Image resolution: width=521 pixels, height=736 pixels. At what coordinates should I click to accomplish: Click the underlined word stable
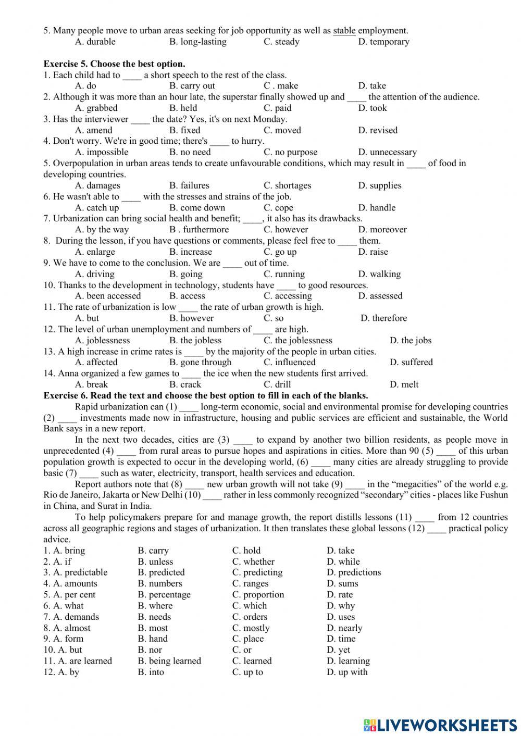click(x=344, y=31)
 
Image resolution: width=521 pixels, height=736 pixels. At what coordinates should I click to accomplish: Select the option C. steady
click(x=281, y=42)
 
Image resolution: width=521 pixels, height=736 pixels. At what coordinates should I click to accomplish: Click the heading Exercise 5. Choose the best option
click(x=114, y=64)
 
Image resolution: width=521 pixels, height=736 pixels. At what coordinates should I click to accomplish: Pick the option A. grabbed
click(x=96, y=108)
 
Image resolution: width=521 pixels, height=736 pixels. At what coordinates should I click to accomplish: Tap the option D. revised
click(x=378, y=130)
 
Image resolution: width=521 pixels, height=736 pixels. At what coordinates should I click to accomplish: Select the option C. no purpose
click(x=290, y=152)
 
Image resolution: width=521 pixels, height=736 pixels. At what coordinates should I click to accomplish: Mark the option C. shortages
click(x=287, y=185)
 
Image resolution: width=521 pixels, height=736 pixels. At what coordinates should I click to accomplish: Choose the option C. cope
click(x=278, y=208)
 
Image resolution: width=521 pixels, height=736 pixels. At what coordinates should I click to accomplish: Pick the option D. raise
click(x=373, y=252)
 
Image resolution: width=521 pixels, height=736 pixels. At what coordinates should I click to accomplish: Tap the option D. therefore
click(x=384, y=318)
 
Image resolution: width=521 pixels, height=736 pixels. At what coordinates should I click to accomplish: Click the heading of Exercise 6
click(x=206, y=395)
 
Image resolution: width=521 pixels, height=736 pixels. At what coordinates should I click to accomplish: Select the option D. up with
click(x=347, y=672)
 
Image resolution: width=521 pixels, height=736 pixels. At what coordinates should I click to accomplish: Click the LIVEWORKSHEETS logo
click(x=440, y=725)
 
